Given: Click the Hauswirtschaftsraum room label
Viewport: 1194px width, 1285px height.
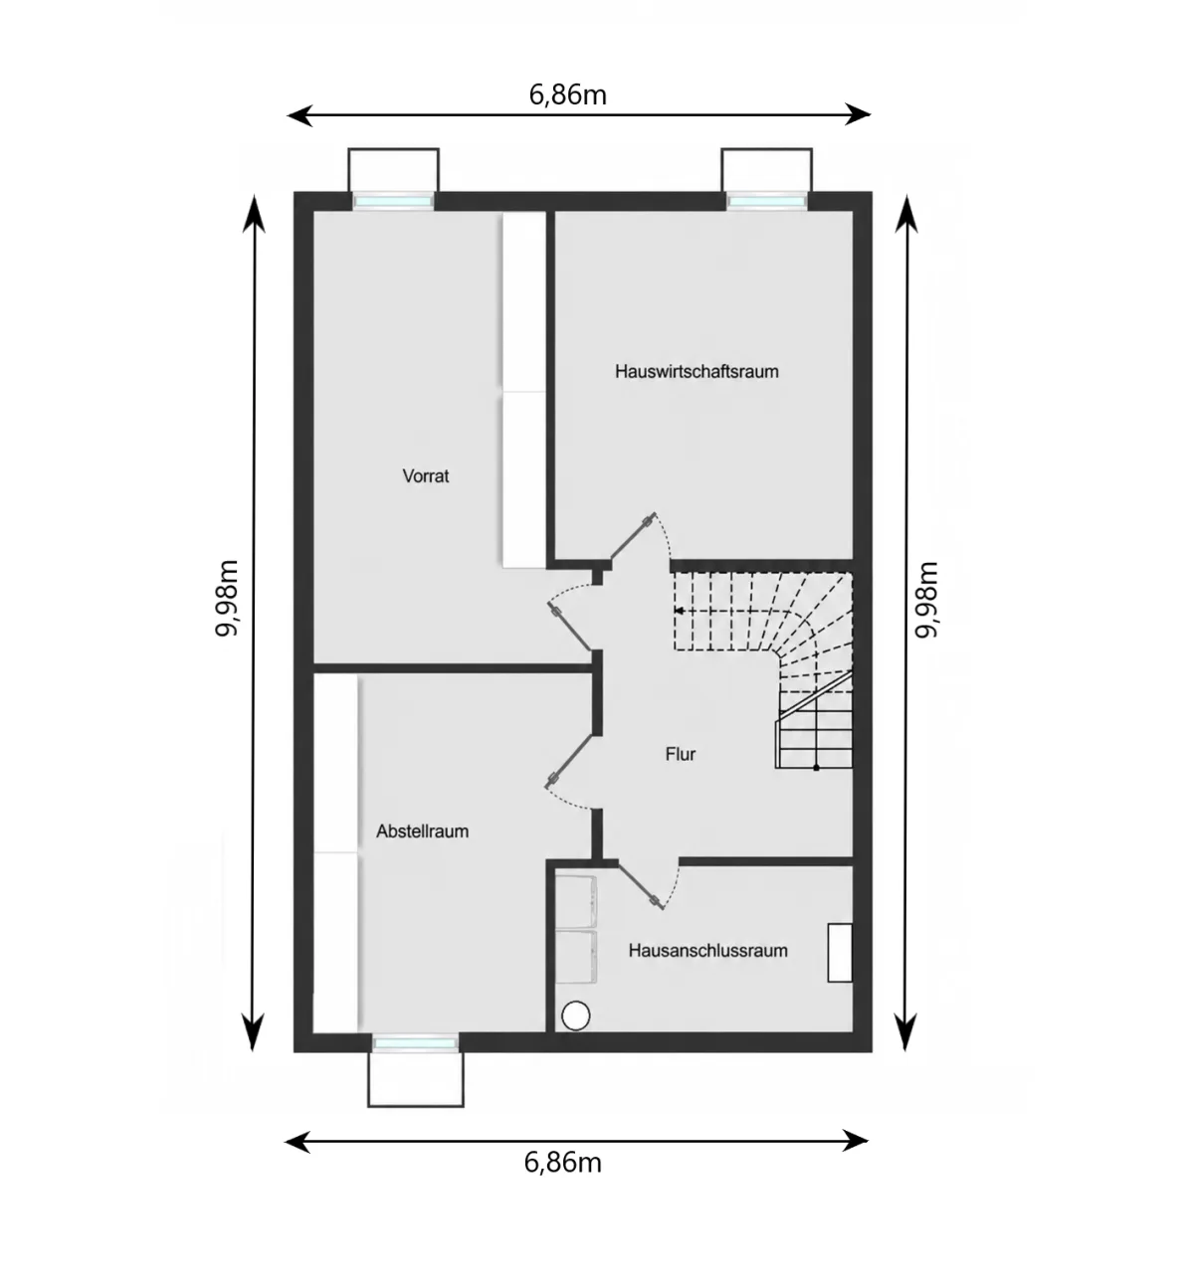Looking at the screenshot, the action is pos(696,371).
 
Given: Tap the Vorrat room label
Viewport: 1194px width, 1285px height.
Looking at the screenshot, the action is pos(426,476).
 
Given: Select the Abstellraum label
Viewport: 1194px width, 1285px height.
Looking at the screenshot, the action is pos(422,831).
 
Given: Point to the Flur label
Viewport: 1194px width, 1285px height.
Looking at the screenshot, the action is pos(680,754).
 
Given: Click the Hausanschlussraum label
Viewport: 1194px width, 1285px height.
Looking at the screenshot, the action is pos(707,951).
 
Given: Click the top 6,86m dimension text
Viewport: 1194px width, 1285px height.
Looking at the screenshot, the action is pos(568,95).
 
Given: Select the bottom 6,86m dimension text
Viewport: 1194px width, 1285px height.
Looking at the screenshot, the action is pos(563,1163).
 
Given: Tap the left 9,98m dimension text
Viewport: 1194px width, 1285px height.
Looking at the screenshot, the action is pos(227,598).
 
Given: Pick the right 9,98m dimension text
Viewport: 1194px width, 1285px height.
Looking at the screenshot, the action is pos(926,600).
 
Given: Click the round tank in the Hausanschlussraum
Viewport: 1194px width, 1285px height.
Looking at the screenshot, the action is pos(576,1015).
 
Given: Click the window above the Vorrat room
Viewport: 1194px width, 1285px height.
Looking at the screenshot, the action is pos(393,201).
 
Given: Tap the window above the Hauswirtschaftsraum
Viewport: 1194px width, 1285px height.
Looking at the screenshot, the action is pos(766,201).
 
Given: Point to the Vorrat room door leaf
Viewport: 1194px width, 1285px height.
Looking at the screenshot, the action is pos(570,627).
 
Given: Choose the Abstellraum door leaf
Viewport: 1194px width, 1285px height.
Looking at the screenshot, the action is pos(569,761).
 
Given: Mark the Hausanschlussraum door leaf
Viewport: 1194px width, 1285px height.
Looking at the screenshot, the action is pos(641,885).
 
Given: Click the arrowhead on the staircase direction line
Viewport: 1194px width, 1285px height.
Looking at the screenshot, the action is pos(679,610).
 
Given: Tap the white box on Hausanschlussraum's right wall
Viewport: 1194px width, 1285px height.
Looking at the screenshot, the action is pos(840,953).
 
